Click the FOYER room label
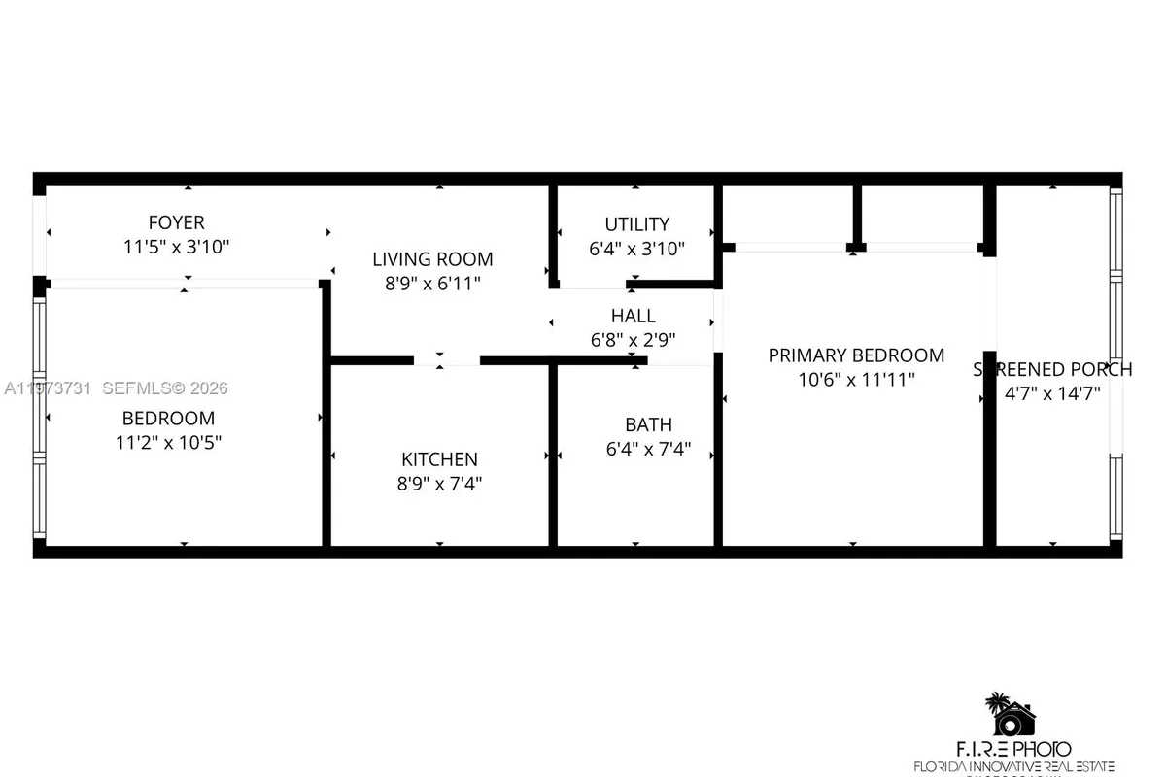(x=176, y=223)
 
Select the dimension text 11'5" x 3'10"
(x=176, y=247)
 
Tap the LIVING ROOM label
(x=432, y=259)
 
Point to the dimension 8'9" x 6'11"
(x=432, y=284)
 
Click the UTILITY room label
(x=636, y=224)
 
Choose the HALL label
(x=633, y=316)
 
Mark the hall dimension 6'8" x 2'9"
(x=633, y=340)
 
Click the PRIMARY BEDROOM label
(x=856, y=355)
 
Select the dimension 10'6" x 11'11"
(x=856, y=380)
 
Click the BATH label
(x=648, y=425)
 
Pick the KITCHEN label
(x=439, y=459)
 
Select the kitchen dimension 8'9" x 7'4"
(x=439, y=484)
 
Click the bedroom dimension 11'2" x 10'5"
(x=168, y=442)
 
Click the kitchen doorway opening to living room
(x=446, y=360)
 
